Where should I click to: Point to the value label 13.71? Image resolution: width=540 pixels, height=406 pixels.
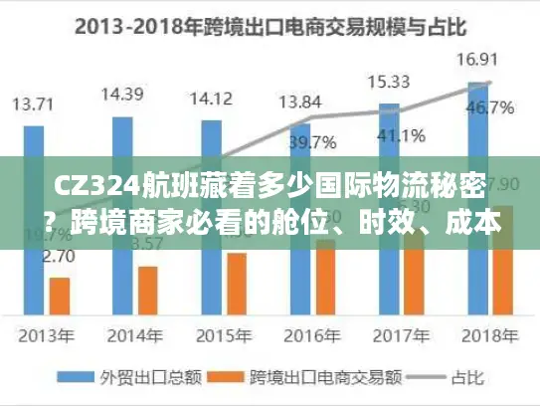[34, 103]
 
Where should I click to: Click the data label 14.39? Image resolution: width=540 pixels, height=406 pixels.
[122, 96]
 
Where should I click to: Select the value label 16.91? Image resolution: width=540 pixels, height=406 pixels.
[474, 60]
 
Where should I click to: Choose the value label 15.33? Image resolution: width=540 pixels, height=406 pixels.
[387, 81]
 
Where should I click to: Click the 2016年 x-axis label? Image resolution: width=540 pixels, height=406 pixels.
[299, 334]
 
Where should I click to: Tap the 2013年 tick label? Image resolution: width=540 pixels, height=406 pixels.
[35, 334]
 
